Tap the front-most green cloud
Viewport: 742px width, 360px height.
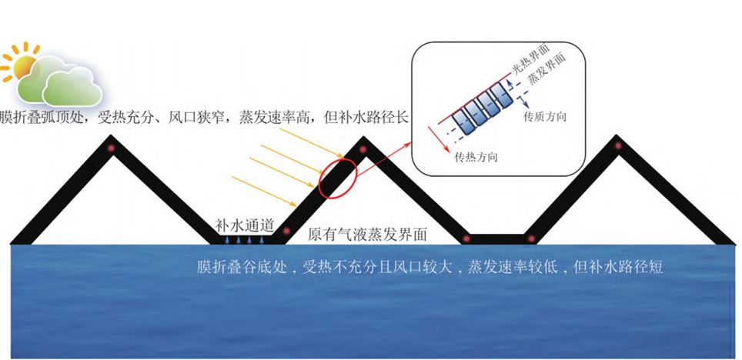[72, 87]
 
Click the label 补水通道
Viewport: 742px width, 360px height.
[245, 225]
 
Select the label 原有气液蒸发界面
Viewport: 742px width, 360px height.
[367, 234]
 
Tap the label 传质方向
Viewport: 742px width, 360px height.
[545, 116]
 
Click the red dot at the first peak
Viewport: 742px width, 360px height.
[111, 148]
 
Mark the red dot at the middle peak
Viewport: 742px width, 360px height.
[363, 149]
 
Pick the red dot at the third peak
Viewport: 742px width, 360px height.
[617, 146]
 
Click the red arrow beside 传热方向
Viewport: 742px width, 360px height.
[438, 139]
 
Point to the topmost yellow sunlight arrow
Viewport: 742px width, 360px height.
[310, 142]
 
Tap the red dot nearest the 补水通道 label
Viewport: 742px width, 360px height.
[286, 231]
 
